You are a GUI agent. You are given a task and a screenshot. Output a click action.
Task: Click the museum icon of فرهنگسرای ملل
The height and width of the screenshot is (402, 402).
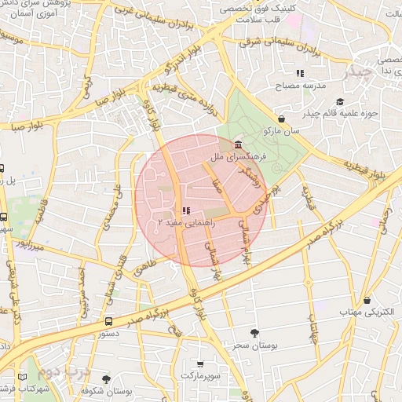click(238, 144)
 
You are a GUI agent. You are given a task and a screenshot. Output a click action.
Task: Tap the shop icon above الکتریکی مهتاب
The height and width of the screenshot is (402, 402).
click(367, 300)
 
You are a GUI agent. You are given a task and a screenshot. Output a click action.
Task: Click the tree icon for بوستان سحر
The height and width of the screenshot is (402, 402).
click(253, 333)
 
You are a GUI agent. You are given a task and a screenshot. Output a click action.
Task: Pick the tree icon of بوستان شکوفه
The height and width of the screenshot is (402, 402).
click(106, 380)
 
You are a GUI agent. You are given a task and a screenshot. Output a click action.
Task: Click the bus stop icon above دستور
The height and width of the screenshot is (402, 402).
click(108, 320)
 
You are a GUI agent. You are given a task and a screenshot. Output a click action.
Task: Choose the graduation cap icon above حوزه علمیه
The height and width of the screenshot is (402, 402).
click(340, 101)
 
